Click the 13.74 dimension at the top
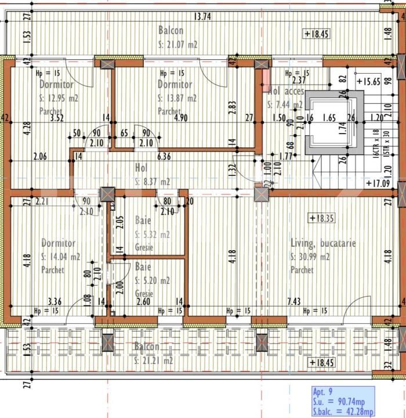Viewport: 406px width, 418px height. coord(202,16)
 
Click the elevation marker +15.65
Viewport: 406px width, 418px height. coord(368,82)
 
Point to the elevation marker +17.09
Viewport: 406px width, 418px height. coord(378,183)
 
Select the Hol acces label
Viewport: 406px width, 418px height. coord(287,92)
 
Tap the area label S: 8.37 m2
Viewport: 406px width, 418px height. coord(152,182)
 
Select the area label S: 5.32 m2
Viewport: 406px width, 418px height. coord(152,235)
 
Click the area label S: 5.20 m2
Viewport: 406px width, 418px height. coord(152,280)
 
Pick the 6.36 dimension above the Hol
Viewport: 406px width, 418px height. coord(164,156)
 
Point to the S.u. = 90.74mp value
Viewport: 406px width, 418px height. coord(339,402)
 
